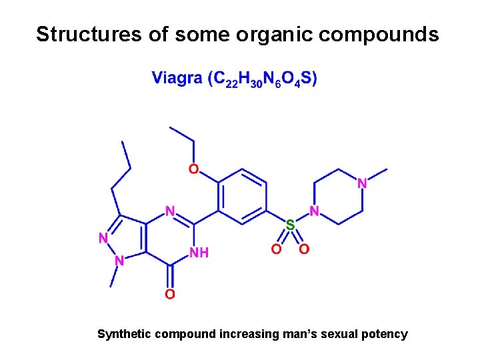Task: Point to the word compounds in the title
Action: pos(377,35)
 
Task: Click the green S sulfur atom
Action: pos(290,225)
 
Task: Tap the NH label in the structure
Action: pos(199,253)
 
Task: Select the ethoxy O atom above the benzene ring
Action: pos(193,169)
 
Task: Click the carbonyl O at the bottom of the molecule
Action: pos(170,294)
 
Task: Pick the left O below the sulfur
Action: pos(275,249)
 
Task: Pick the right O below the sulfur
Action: pos(304,249)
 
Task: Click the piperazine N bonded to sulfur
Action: pos(315,211)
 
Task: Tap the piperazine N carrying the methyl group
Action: pos(363,183)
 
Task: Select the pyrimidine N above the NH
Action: pos(170,211)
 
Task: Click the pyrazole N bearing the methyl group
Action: pos(120,261)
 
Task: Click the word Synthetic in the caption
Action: pos(124,334)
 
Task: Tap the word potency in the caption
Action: pos(385,334)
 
